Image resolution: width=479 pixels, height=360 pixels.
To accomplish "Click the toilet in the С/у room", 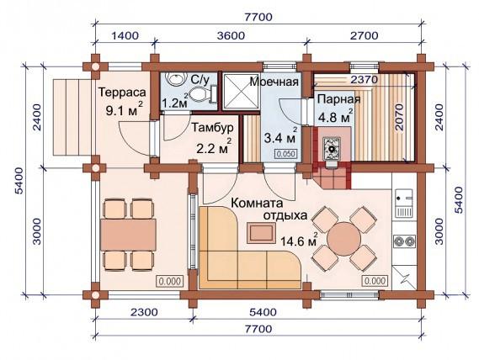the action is click(x=202, y=93).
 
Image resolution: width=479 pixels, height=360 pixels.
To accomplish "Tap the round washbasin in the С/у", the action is click(x=175, y=79).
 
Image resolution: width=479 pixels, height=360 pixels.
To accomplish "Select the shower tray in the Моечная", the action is click(x=241, y=91).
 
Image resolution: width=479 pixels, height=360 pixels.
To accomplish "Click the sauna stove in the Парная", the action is click(x=332, y=149).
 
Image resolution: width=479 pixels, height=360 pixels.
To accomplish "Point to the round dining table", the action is click(x=343, y=237).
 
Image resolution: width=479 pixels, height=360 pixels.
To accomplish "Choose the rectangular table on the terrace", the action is click(x=128, y=235).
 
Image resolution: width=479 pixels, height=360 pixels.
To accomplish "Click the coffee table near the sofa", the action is click(x=262, y=233).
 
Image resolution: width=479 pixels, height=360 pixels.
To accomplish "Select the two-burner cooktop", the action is click(x=404, y=241).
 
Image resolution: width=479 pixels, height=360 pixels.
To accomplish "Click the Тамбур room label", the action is click(x=212, y=127).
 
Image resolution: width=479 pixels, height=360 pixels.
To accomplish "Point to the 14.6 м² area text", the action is click(x=299, y=241).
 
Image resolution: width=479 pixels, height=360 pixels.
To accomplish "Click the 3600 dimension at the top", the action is click(x=231, y=35).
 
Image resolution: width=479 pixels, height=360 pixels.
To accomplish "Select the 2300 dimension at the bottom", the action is click(x=144, y=312).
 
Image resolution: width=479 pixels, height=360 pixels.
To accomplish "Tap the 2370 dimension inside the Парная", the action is click(x=364, y=80).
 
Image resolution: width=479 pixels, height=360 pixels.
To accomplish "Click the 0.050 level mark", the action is click(x=286, y=154).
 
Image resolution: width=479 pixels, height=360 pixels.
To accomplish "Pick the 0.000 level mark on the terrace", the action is click(x=170, y=281).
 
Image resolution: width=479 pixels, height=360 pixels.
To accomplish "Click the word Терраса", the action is click(x=122, y=93).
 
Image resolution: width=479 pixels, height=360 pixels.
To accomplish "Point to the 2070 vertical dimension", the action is click(x=399, y=117).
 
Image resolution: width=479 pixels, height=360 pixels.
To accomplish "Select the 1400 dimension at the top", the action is click(x=125, y=35).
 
